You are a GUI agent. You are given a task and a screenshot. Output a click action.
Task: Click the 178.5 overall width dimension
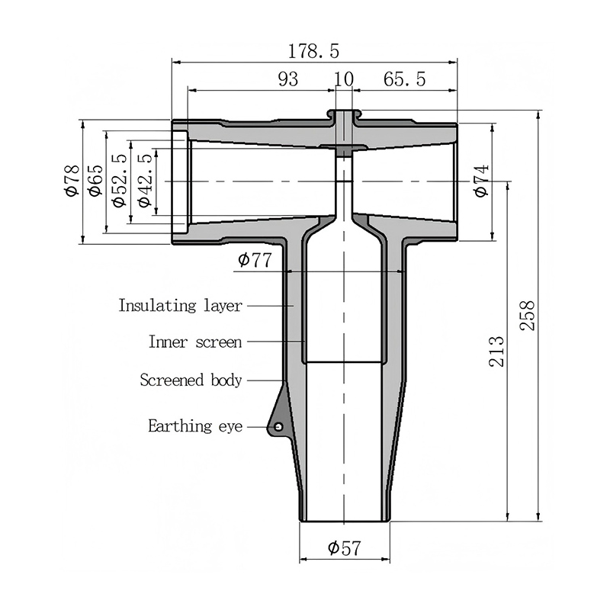tap(313, 51)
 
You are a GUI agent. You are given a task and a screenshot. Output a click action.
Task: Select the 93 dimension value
tap(288, 79)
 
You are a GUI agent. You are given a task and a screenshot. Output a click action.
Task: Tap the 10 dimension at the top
tap(344, 79)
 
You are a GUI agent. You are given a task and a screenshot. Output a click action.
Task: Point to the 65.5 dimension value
tap(405, 79)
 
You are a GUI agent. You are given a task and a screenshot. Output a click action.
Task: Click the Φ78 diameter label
tap(72, 181)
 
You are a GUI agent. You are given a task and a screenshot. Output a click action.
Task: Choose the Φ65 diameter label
tap(96, 181)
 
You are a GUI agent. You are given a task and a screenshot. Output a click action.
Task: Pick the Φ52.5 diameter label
tap(120, 181)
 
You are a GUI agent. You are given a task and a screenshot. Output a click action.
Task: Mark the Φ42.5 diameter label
tap(144, 181)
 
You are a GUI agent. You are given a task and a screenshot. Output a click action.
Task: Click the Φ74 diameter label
tap(481, 181)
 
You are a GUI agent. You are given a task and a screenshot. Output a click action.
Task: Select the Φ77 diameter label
tap(255, 260)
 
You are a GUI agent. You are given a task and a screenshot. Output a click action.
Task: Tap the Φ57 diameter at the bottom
tap(345, 548)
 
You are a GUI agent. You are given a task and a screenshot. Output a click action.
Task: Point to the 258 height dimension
tap(528, 316)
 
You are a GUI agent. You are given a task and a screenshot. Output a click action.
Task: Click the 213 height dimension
tap(496, 352)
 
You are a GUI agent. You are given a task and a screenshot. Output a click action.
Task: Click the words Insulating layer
tap(181, 306)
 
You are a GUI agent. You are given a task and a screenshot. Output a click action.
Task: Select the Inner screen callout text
tap(195, 342)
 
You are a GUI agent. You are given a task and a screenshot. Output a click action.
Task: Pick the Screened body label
tap(191, 380)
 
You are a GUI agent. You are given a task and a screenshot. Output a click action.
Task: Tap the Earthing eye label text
tap(195, 426)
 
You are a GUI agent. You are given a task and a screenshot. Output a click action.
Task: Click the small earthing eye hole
tap(278, 427)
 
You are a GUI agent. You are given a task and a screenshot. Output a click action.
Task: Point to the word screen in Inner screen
tap(219, 342)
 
